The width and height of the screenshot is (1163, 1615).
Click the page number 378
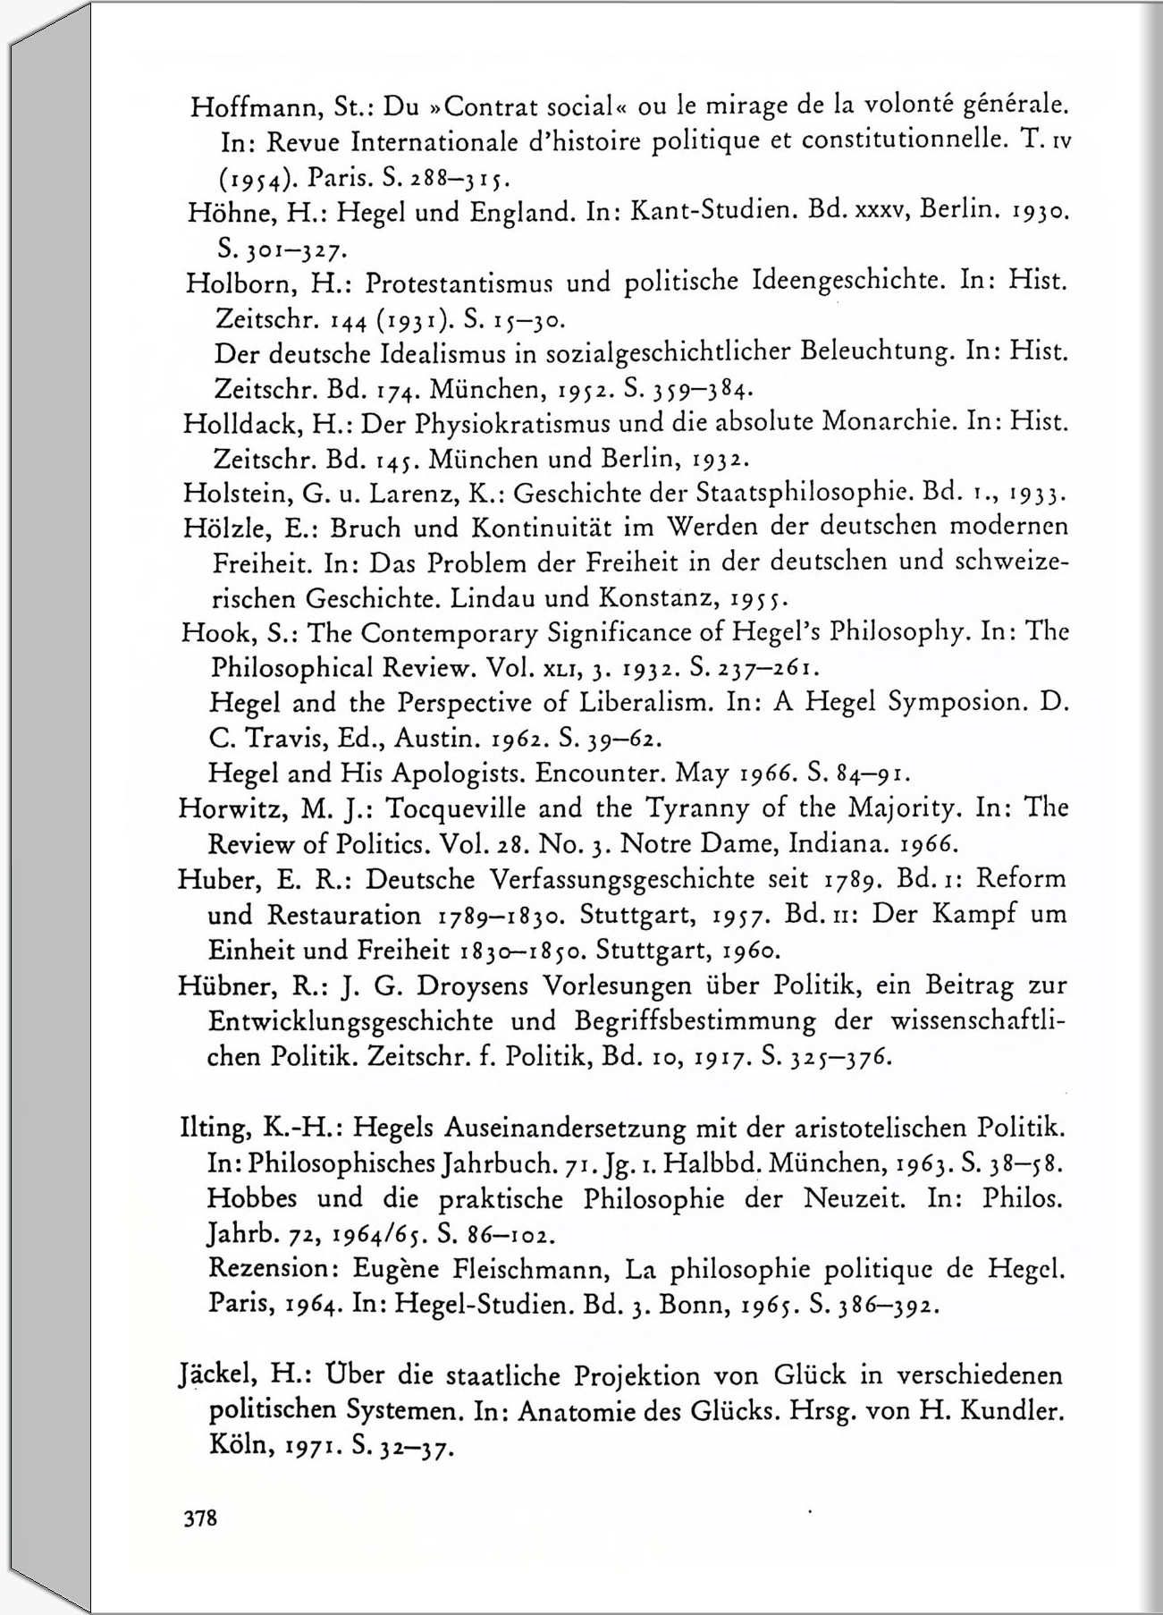point(199,1518)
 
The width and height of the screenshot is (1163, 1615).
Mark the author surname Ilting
point(213,1129)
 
